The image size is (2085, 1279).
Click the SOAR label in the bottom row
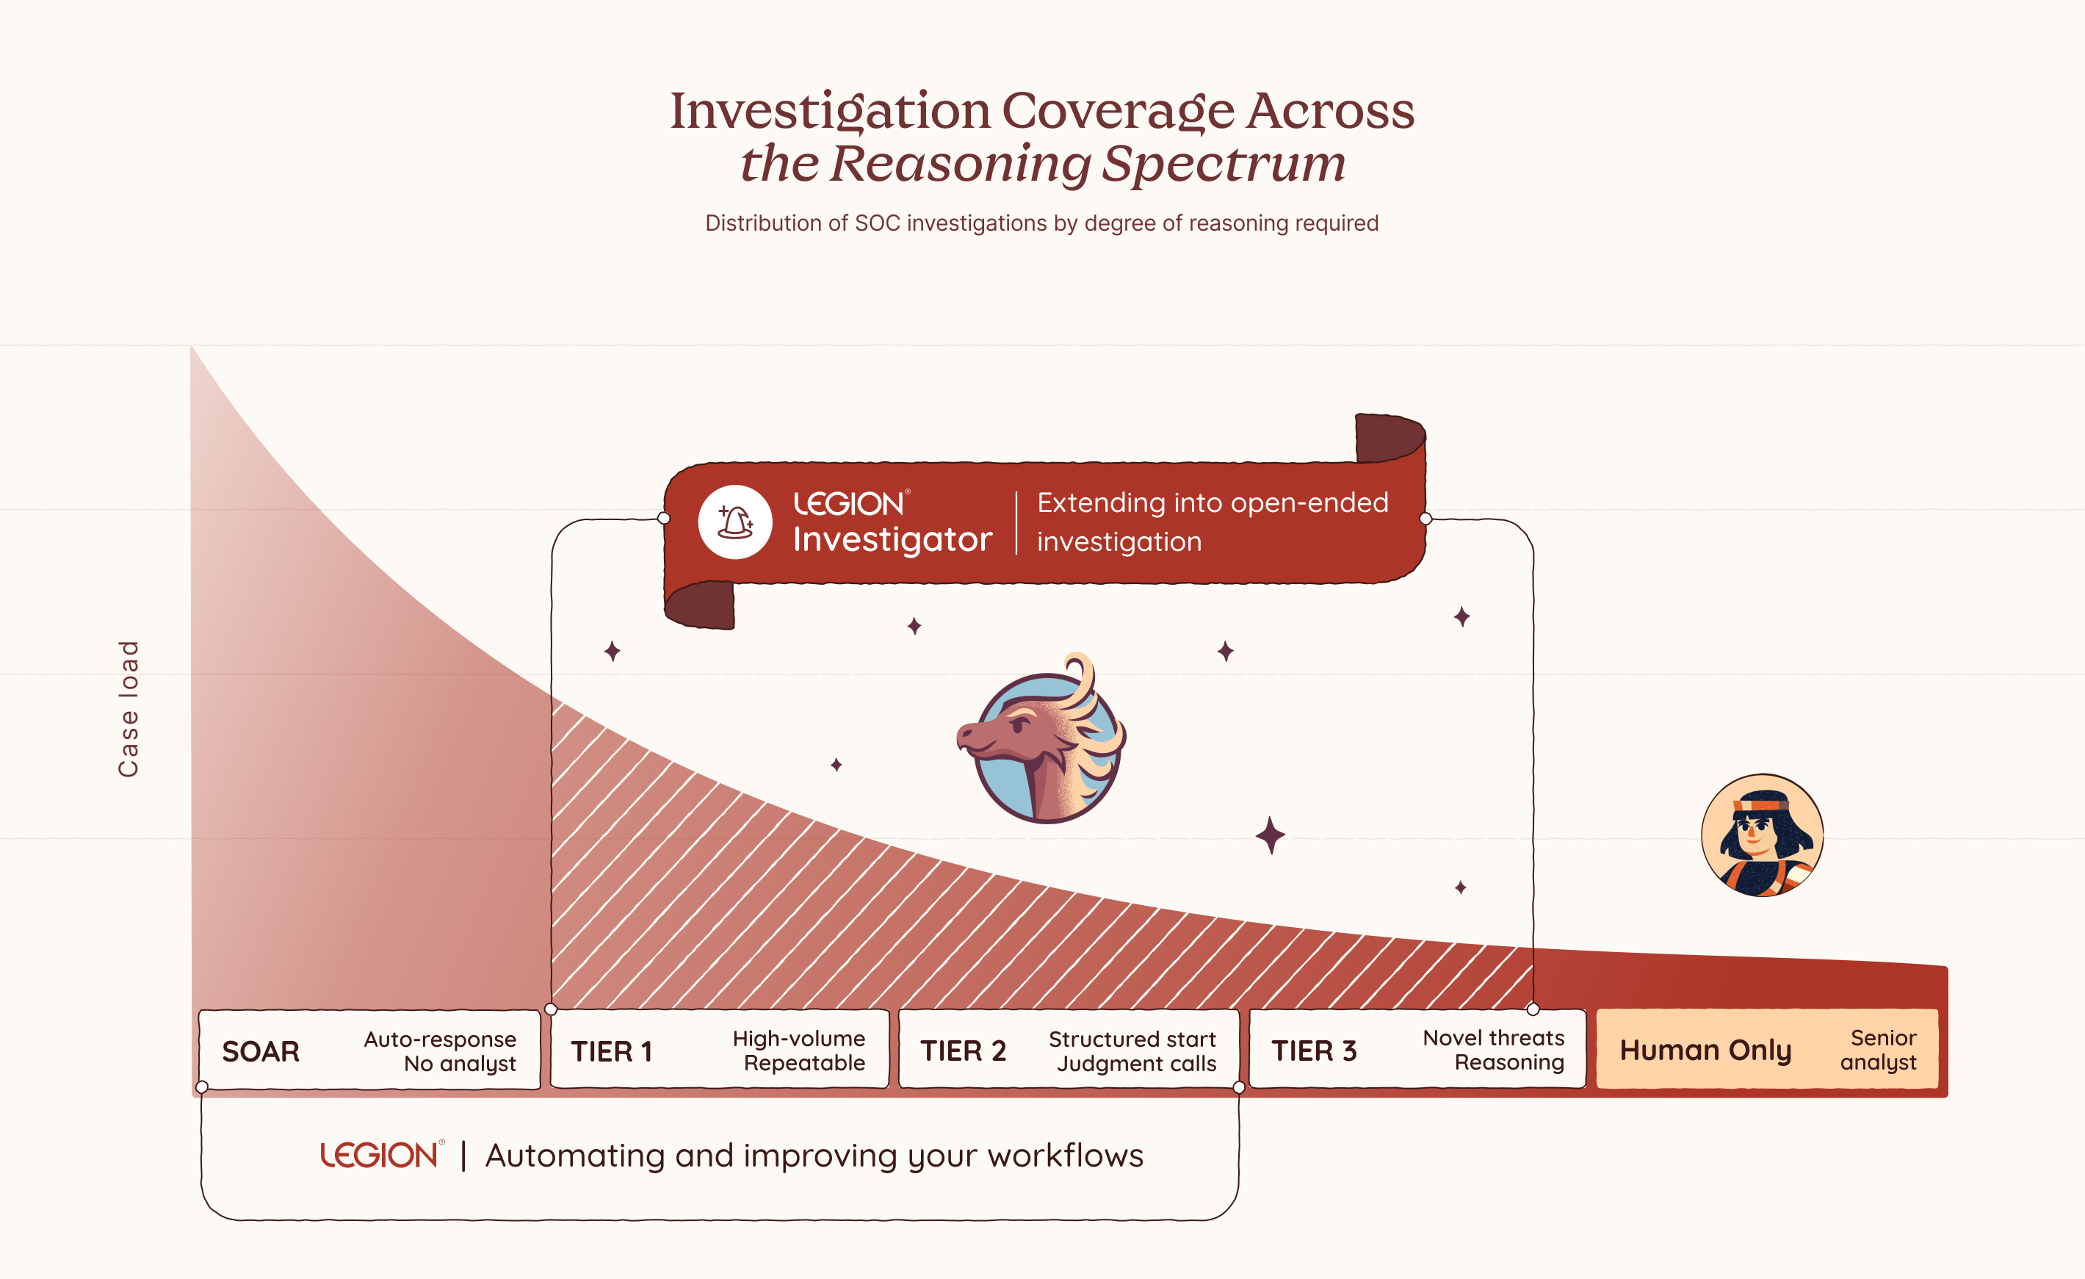click(x=261, y=1051)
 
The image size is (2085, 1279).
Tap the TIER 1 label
click(x=611, y=1051)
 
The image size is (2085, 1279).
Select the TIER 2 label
click(x=963, y=1051)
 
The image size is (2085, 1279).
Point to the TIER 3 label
click(x=1313, y=1051)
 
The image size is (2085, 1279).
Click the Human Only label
click(x=1705, y=1051)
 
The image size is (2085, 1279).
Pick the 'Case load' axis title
click(x=129, y=708)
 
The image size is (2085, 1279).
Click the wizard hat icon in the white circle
click(x=734, y=522)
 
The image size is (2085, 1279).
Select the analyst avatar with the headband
click(x=1762, y=835)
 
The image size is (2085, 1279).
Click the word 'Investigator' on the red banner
click(x=892, y=539)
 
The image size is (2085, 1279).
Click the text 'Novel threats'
click(x=1494, y=1038)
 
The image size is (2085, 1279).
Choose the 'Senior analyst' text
click(x=1879, y=1050)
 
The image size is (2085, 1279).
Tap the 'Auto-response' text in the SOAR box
click(x=440, y=1039)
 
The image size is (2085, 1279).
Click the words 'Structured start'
click(x=1132, y=1039)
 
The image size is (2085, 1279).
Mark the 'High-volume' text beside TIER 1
click(x=799, y=1039)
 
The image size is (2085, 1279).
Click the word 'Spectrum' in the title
click(x=1224, y=163)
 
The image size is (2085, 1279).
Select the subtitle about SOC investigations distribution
click(x=1041, y=223)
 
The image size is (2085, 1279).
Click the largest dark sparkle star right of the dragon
click(x=1270, y=835)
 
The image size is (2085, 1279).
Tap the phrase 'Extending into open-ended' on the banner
click(x=1213, y=502)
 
